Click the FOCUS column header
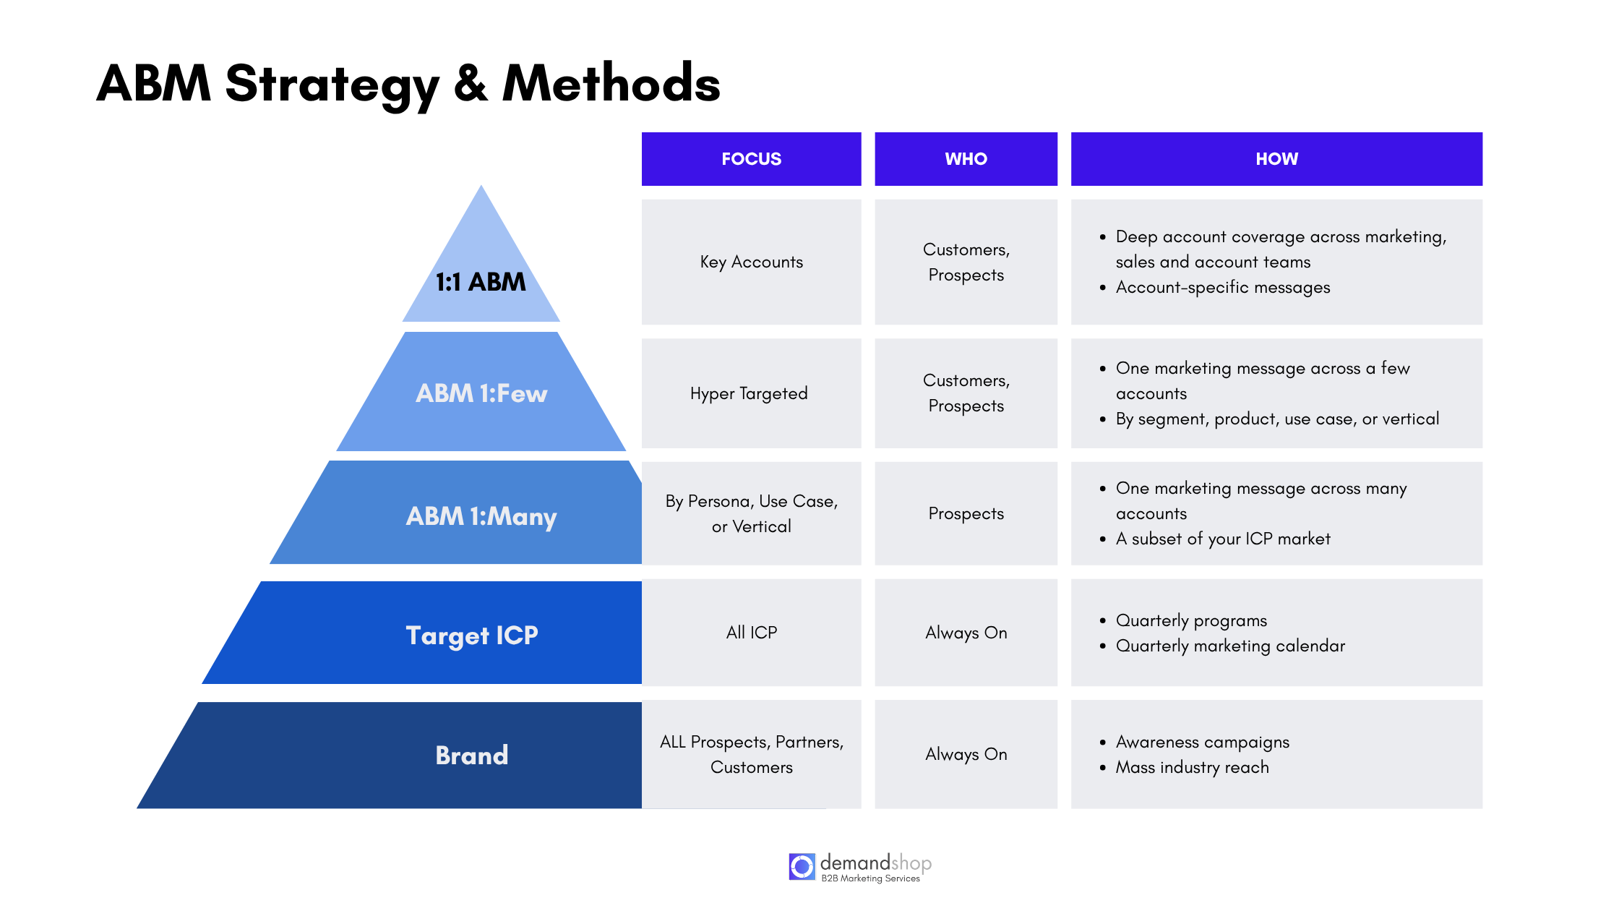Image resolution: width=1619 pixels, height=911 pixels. click(x=751, y=159)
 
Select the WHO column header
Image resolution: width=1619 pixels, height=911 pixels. click(x=966, y=159)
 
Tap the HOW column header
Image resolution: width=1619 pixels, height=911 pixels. click(x=1276, y=159)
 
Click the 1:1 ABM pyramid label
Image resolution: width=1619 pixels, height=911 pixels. click(x=481, y=281)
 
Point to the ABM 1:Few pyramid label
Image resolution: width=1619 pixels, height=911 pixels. click(x=481, y=393)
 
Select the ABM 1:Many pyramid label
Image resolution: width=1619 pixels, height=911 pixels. click(x=481, y=516)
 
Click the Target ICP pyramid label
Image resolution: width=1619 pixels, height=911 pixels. click(x=472, y=635)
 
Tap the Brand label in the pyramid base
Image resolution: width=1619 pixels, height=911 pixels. click(x=472, y=755)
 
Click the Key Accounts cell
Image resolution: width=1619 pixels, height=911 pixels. click(x=751, y=262)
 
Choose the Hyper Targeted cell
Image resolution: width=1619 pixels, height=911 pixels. click(x=749, y=393)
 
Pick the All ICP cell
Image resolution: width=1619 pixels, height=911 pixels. click(x=751, y=633)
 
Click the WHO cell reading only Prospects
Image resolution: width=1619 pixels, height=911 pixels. click(x=966, y=513)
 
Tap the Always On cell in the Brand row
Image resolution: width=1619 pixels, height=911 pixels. click(x=966, y=754)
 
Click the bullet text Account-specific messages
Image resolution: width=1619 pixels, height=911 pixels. click(x=1222, y=287)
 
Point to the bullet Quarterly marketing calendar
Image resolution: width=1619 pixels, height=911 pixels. click(x=1230, y=646)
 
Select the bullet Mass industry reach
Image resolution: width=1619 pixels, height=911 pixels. click(x=1192, y=767)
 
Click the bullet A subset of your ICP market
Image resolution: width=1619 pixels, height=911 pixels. click(x=1222, y=539)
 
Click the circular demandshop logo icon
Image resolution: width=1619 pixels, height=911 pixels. click(x=802, y=866)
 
